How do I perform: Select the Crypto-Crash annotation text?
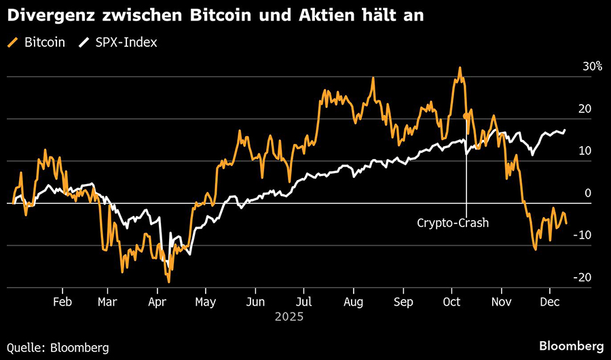click(x=453, y=222)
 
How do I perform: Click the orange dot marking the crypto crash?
click(x=466, y=116)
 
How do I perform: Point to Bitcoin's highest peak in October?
click(x=460, y=68)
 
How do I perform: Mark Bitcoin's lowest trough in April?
click(x=168, y=281)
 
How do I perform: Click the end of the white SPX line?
click(x=564, y=130)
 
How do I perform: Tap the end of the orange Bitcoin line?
click(x=566, y=222)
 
